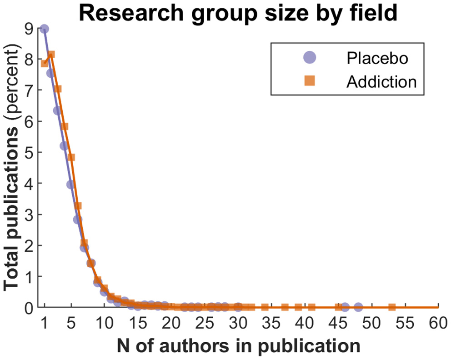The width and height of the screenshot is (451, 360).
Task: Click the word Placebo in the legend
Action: (377, 58)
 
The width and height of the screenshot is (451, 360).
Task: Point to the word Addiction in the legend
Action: (381, 81)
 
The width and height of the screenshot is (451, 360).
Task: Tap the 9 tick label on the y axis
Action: (29, 29)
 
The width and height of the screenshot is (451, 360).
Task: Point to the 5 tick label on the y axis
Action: (29, 152)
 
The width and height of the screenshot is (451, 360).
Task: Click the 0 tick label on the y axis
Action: (29, 308)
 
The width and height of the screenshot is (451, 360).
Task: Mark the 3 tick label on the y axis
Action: (29, 215)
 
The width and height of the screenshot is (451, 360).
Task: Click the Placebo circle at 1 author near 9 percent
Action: (45, 29)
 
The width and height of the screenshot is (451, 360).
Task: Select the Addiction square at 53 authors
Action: (392, 307)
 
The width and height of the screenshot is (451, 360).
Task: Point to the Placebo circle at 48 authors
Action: (358, 307)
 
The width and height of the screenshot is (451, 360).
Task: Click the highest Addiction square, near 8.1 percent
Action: (51, 55)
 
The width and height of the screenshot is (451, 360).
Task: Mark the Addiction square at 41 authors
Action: (312, 307)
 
